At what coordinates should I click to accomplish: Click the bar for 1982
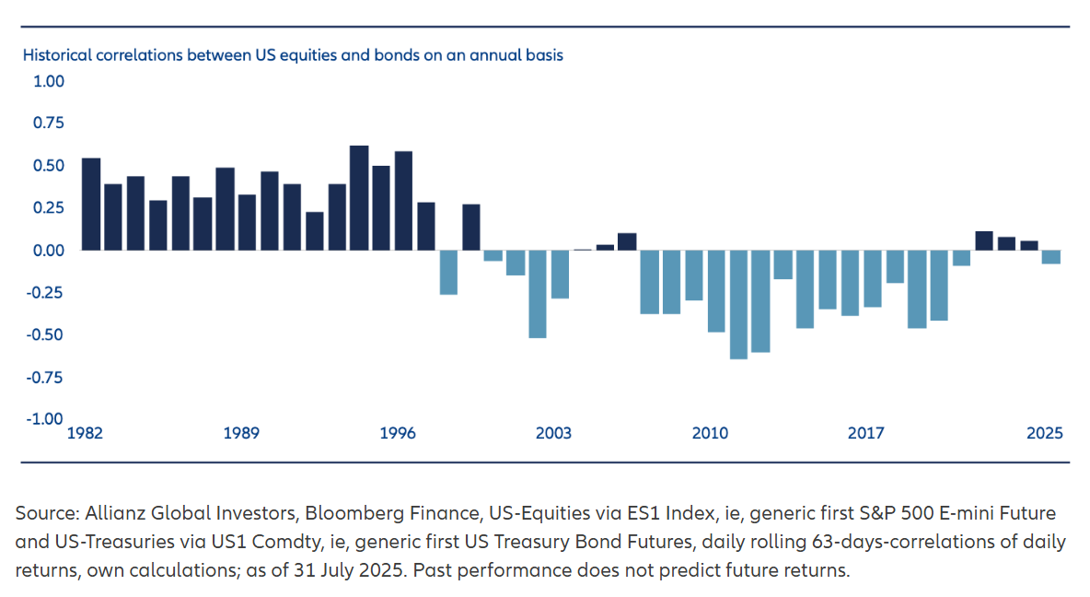pyautogui.click(x=91, y=204)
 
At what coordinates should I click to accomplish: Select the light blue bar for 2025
pyautogui.click(x=1051, y=257)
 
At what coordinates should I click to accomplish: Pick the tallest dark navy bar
pyautogui.click(x=359, y=197)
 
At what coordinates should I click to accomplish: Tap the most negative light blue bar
pyautogui.click(x=738, y=304)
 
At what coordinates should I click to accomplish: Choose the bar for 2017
pyautogui.click(x=872, y=278)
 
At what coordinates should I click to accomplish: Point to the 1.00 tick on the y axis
pyautogui.click(x=49, y=81)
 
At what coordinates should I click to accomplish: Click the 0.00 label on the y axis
pyautogui.click(x=49, y=250)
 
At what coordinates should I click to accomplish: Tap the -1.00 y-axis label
pyautogui.click(x=46, y=418)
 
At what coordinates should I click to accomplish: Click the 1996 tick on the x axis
pyautogui.click(x=398, y=433)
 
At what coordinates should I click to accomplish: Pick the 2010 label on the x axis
pyautogui.click(x=710, y=433)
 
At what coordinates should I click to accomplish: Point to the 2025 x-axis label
pyautogui.click(x=1046, y=433)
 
